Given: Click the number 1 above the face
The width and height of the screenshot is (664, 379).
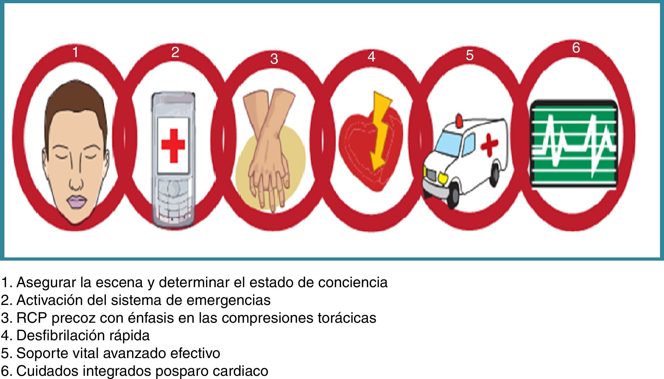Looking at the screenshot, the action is point(75,52).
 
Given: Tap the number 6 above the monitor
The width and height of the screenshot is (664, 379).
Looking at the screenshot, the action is point(576,48).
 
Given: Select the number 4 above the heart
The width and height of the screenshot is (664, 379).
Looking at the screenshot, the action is point(371,57).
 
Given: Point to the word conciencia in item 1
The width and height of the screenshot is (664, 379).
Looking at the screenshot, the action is point(353,282).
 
